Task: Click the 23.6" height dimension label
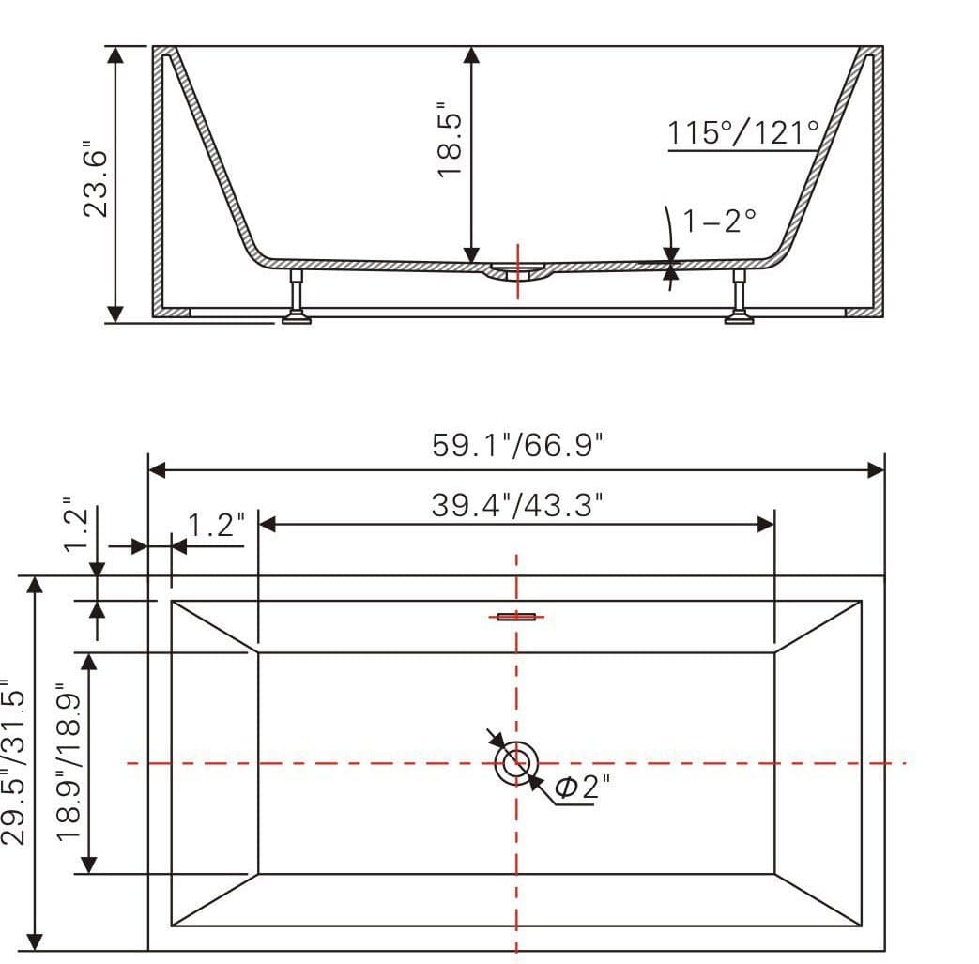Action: point(98,178)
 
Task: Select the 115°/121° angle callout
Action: point(743,132)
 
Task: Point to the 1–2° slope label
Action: point(718,221)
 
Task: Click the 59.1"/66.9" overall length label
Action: point(515,444)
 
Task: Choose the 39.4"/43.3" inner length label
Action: point(515,505)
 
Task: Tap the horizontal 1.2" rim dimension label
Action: point(216,524)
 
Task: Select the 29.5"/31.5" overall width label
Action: point(15,762)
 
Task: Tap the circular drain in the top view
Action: point(515,763)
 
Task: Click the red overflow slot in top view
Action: point(515,617)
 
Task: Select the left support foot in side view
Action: point(297,298)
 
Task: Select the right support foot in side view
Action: point(739,298)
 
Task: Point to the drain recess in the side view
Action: point(517,272)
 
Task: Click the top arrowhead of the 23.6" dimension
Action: point(115,54)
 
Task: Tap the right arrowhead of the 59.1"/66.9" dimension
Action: point(876,469)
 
